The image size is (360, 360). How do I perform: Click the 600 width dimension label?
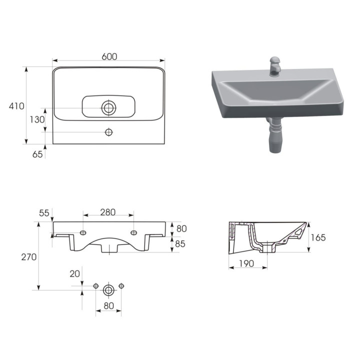click(109, 56)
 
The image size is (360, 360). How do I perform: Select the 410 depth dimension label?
click(16, 106)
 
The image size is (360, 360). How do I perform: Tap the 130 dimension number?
click(37, 119)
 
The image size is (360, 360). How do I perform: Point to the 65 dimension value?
click(37, 154)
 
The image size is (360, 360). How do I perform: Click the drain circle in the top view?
click(108, 107)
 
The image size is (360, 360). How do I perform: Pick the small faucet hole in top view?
click(108, 132)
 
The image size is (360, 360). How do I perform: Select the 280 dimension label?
click(108, 212)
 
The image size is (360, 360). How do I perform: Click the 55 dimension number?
click(44, 213)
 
